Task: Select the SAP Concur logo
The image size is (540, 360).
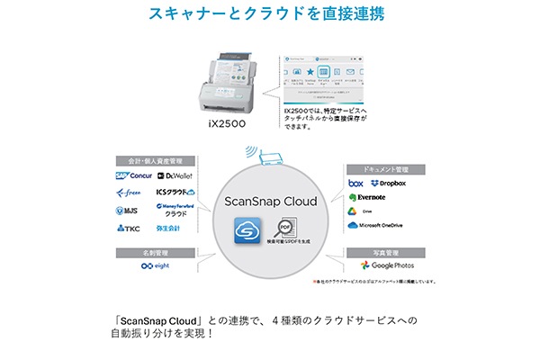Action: click(133, 175)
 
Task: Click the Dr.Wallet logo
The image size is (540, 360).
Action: click(175, 175)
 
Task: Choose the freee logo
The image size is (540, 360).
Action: click(132, 193)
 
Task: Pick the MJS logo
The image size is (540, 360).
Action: click(130, 211)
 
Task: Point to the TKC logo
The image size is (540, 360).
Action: click(130, 229)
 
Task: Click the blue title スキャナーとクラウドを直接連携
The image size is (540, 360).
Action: click(270, 15)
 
